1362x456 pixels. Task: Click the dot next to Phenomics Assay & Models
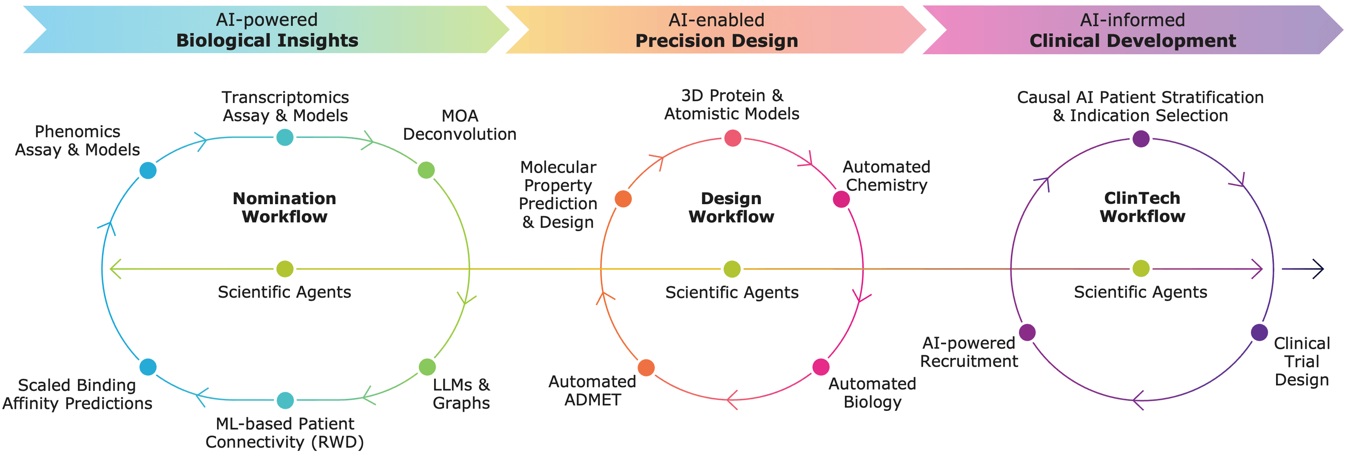(x=148, y=170)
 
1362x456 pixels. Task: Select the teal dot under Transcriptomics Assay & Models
(x=285, y=137)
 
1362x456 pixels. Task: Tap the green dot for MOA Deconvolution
(x=426, y=170)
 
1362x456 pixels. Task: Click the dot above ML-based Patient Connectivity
(x=285, y=400)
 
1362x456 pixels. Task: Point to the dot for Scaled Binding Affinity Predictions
(x=148, y=367)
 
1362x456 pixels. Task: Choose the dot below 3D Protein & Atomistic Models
(x=732, y=138)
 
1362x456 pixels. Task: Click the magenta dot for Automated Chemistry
(x=841, y=199)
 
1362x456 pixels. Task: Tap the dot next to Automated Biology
(x=821, y=367)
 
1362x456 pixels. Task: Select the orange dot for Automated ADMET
(x=646, y=367)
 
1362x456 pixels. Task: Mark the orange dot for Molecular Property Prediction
(x=624, y=199)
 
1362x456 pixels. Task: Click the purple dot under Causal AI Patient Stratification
(x=1141, y=139)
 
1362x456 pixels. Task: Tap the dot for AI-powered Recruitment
(x=1027, y=332)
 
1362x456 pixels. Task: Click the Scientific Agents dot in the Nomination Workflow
(x=285, y=269)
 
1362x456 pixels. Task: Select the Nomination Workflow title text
(x=284, y=207)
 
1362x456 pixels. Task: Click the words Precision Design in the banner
(x=716, y=41)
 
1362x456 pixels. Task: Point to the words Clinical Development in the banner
(x=1133, y=41)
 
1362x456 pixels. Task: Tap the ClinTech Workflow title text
(x=1142, y=207)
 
